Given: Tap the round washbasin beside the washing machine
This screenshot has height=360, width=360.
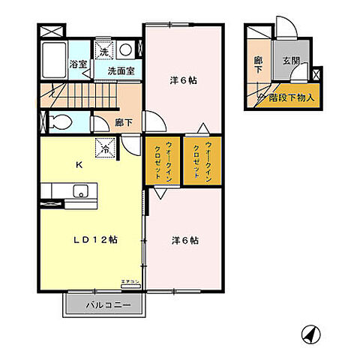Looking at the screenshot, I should point(127,49).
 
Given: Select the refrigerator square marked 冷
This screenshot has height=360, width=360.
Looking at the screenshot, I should point(105,148).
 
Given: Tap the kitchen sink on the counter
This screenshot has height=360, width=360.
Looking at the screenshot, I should point(79,192).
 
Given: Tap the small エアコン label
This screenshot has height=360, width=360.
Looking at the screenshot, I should point(130,283).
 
